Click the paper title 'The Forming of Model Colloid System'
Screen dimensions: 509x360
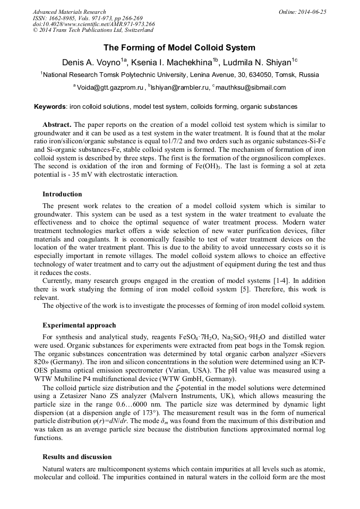coord(179,48)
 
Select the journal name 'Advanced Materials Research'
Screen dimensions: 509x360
coord(69,12)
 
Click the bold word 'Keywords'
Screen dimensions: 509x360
coord(50,107)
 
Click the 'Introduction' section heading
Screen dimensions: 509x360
coord(62,194)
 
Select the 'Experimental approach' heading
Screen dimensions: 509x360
coord(79,325)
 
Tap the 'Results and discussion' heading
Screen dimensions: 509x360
coord(77,457)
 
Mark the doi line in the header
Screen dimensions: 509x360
coord(93,24)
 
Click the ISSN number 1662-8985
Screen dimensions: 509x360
coord(63,18)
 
